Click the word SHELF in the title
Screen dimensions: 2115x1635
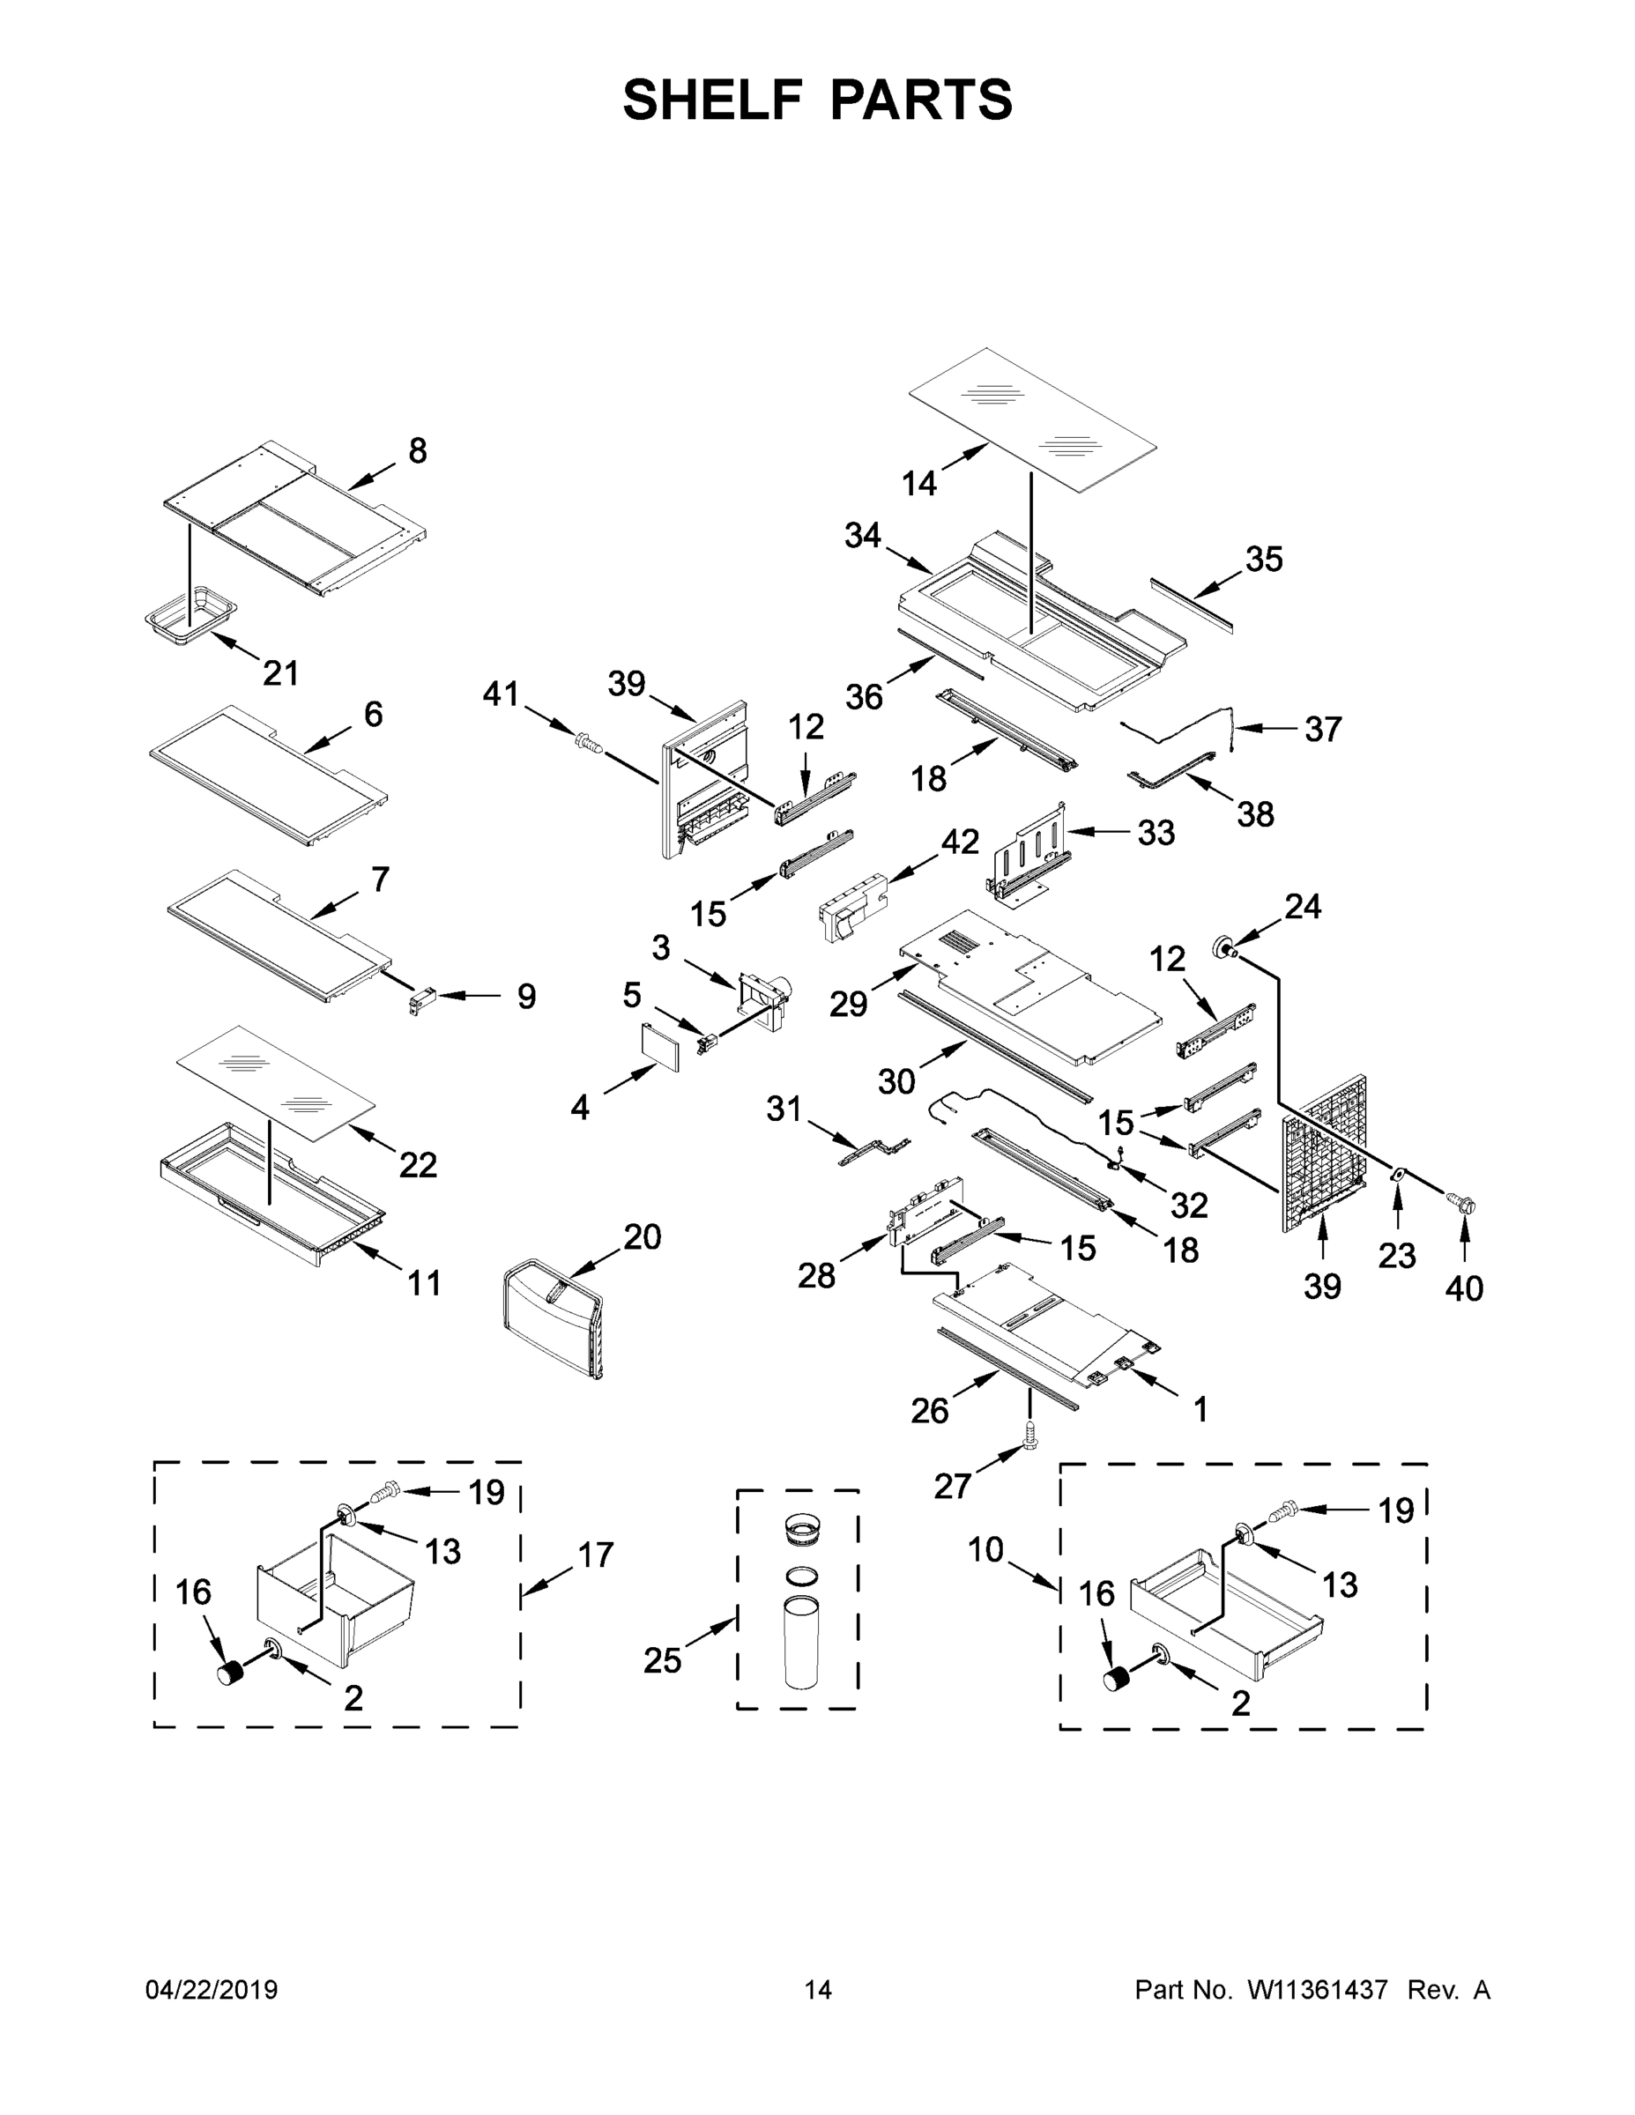point(712,100)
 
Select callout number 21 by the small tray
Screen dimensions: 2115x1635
point(281,672)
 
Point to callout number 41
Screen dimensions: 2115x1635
point(501,694)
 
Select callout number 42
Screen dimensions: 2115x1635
point(960,842)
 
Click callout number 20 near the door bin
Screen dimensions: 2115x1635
point(643,1236)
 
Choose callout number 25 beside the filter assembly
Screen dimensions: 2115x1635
point(663,1661)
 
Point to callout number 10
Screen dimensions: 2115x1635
point(986,1549)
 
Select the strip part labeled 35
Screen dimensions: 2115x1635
point(1193,606)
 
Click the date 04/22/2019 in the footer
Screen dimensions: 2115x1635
point(212,1990)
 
